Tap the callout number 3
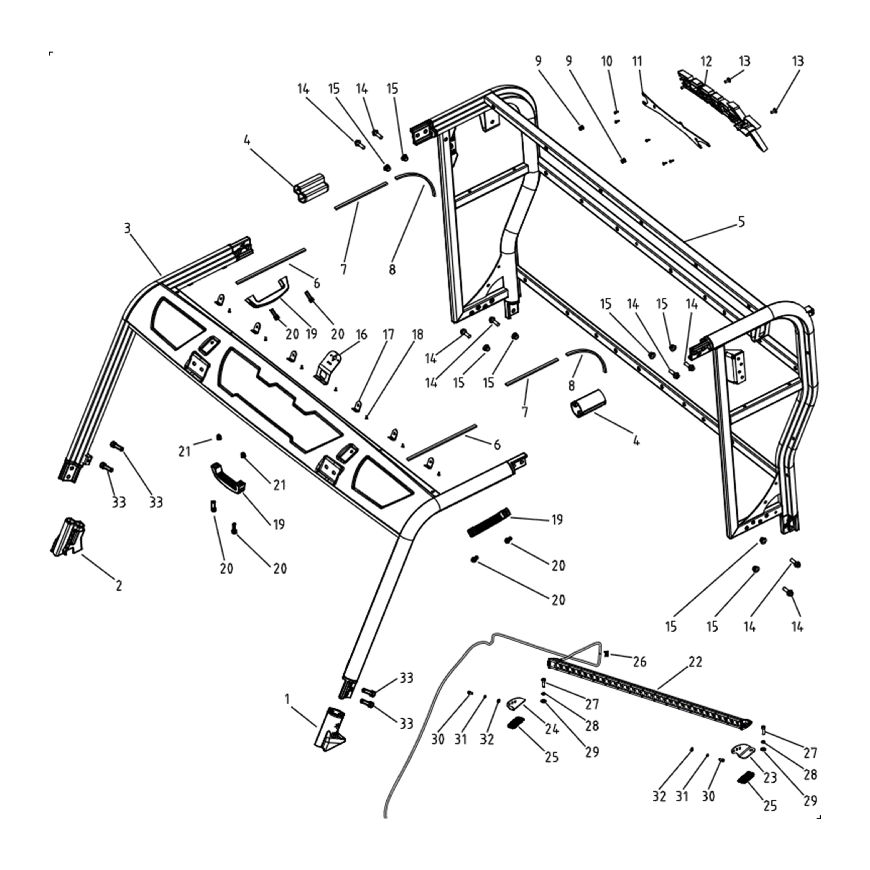127,228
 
